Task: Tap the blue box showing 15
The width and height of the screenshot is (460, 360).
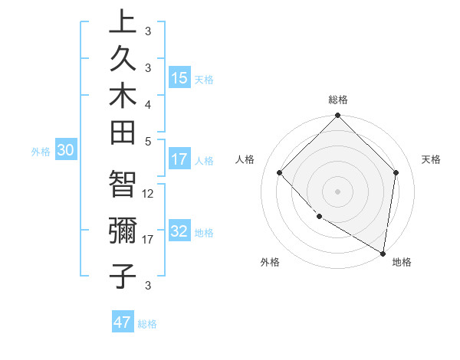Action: [x=179, y=78]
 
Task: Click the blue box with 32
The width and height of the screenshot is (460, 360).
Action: [x=179, y=232]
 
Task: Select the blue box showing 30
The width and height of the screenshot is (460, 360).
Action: [x=66, y=151]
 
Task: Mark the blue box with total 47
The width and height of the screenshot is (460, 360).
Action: [x=123, y=322]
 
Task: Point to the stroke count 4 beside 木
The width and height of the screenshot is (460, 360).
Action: [x=149, y=103]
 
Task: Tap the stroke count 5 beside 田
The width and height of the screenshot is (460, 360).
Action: [x=149, y=140]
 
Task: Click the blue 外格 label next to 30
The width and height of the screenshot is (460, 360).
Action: [x=41, y=152]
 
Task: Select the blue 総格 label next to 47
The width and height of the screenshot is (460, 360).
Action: [x=148, y=323]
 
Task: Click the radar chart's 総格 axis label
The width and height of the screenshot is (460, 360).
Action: [x=338, y=100]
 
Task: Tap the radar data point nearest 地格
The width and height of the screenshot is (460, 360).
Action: [x=383, y=252]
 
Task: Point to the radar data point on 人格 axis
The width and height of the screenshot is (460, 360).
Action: [x=280, y=172]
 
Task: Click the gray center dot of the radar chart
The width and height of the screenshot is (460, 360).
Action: [x=338, y=191]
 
